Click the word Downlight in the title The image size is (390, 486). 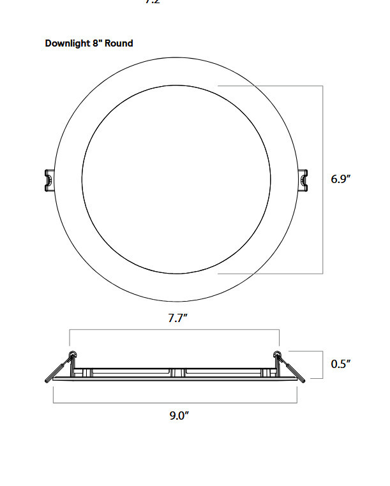pos(66,43)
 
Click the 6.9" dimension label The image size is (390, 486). pos(341,179)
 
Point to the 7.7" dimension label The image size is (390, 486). pos(177,318)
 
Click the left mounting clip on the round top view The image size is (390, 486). pos(48,180)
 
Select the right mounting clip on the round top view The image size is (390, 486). pos(304,180)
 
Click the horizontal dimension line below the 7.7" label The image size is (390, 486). pos(174,329)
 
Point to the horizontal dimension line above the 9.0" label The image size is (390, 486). pos(174,402)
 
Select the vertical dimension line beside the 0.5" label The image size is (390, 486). pos(319,364)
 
